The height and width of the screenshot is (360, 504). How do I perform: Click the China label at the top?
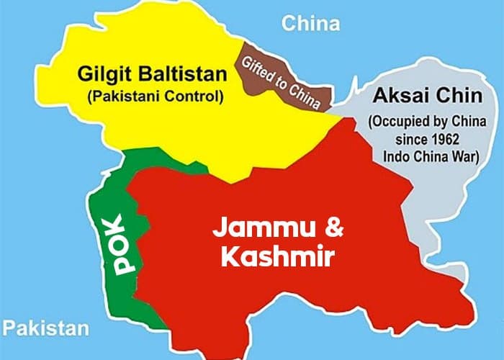310,24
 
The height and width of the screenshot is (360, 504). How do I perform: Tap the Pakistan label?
45,329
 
